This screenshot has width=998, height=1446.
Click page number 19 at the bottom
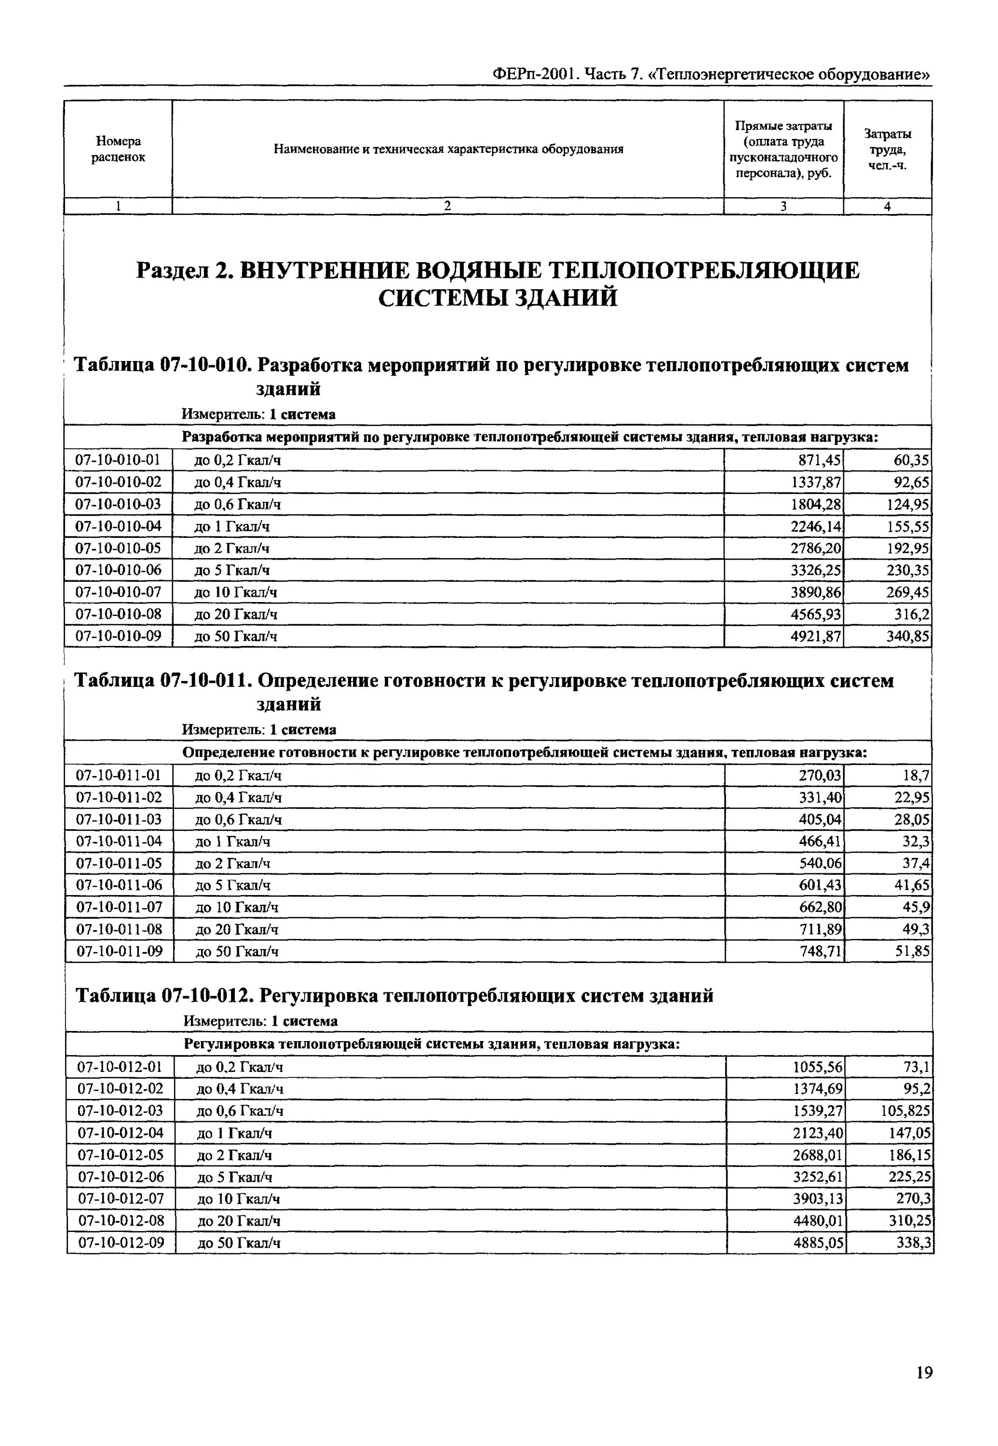click(x=924, y=1372)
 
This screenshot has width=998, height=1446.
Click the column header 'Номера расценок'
click(x=118, y=149)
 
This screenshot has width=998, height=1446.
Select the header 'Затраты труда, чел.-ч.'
click(x=887, y=149)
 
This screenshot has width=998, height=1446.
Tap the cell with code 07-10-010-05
click(x=118, y=548)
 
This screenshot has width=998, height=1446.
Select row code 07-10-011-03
click(x=119, y=819)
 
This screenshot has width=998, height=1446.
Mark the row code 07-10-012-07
click(x=120, y=1198)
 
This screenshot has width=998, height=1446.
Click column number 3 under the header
click(x=783, y=206)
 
